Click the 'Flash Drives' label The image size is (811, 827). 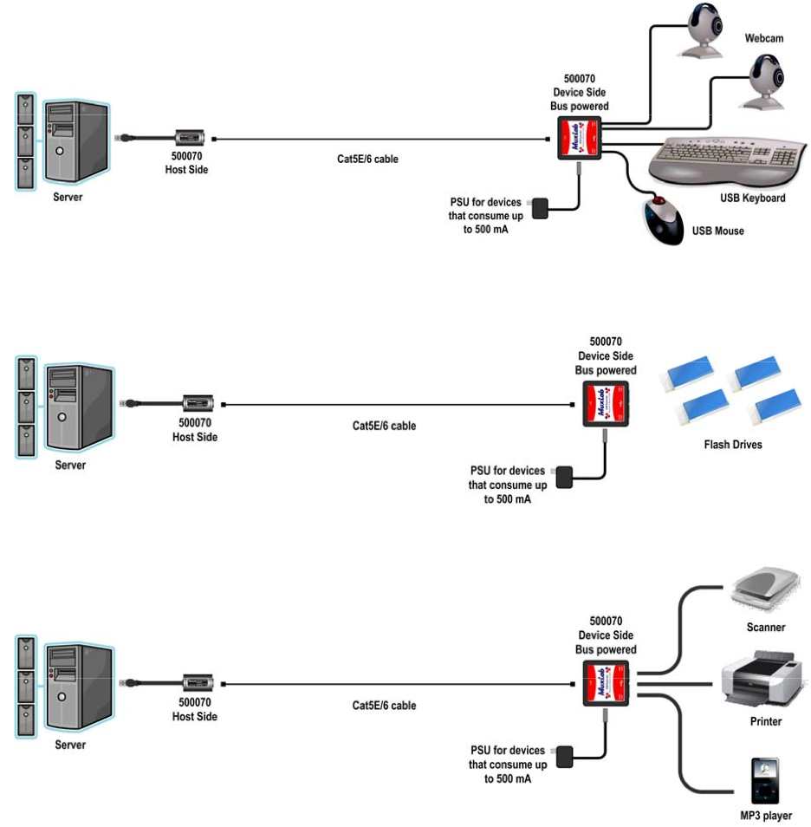pyautogui.click(x=733, y=446)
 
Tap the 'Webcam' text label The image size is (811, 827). pyautogui.click(x=763, y=39)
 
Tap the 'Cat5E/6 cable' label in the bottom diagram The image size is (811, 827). pyautogui.click(x=384, y=706)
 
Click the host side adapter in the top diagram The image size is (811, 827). pyautogui.click(x=190, y=137)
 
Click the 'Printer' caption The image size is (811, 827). pyautogui.click(x=765, y=721)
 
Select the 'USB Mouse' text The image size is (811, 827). pyautogui.click(x=717, y=231)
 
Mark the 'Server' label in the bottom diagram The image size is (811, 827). pyautogui.click(x=70, y=745)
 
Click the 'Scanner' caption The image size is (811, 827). pyautogui.click(x=765, y=628)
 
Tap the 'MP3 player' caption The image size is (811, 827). pyautogui.click(x=765, y=816)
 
